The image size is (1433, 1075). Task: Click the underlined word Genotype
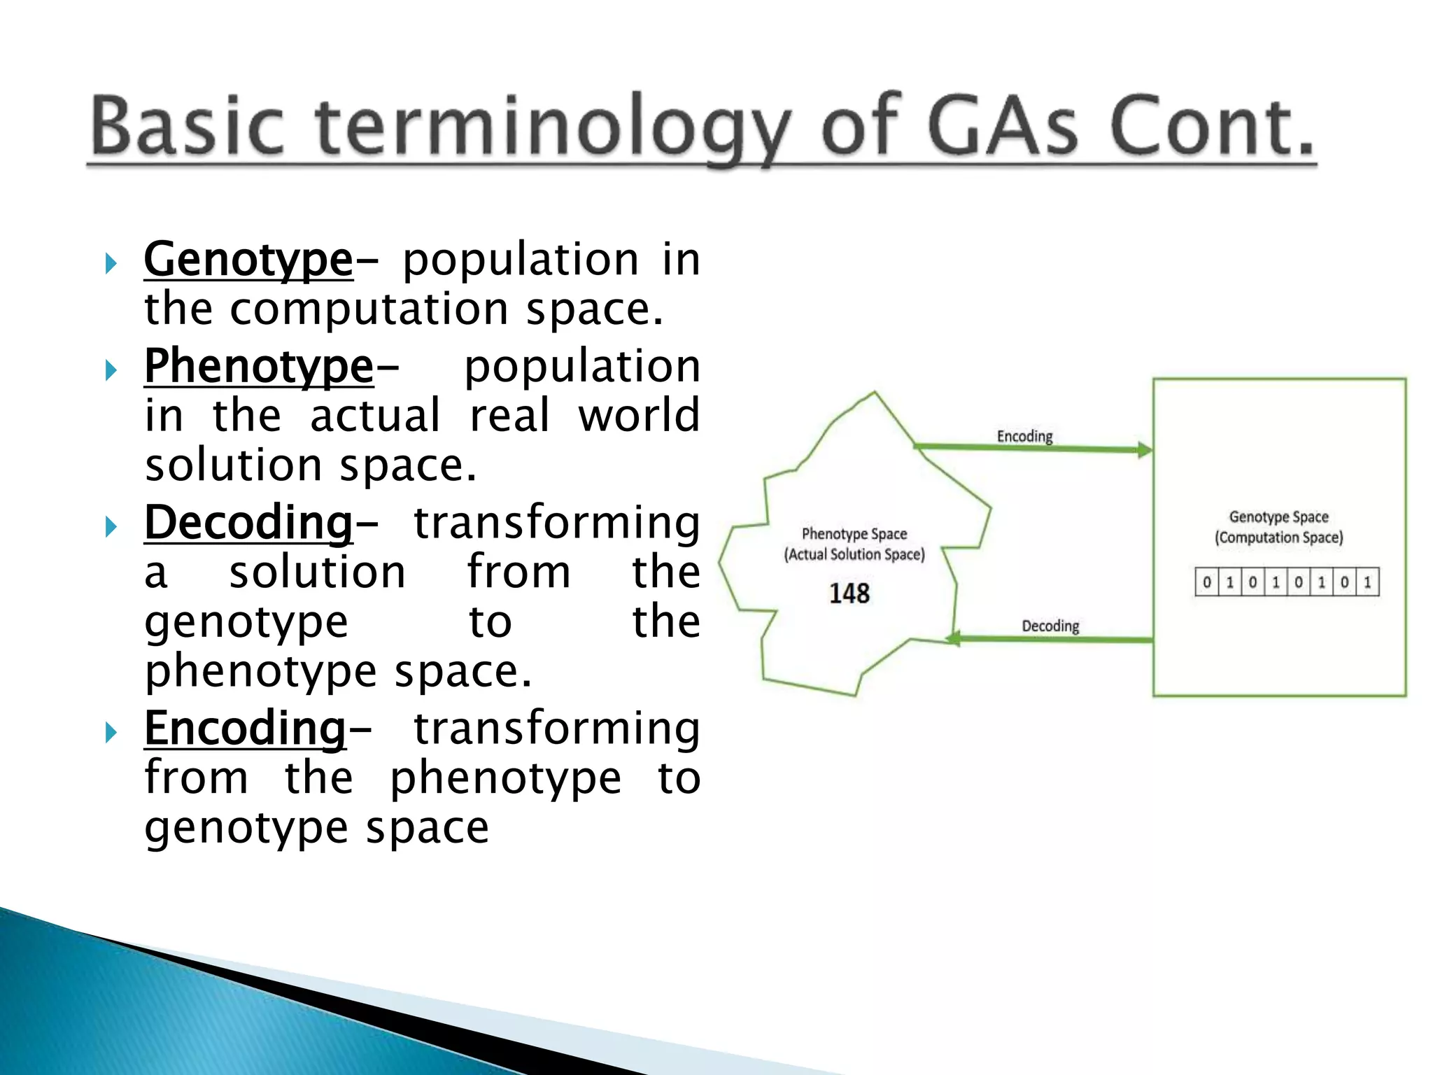point(248,260)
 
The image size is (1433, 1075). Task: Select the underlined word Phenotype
point(259,367)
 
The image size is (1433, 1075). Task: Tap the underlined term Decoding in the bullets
point(248,524)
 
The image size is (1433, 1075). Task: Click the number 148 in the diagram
point(849,593)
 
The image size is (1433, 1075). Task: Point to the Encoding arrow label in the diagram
point(1024,437)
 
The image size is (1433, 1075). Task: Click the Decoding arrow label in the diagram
point(1050,626)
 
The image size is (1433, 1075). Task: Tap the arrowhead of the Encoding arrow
point(1145,450)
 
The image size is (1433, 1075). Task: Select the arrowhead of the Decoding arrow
point(953,638)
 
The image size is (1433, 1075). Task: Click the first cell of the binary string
point(1207,582)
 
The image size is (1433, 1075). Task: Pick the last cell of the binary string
point(1367,582)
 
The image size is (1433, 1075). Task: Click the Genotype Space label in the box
point(1278,517)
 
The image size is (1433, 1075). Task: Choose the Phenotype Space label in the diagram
point(854,534)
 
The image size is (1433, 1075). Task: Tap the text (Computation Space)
point(1278,537)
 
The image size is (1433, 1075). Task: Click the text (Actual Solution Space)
point(854,554)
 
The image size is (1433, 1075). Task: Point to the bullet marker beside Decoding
point(111,526)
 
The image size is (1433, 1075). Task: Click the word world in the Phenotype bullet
point(638,416)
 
